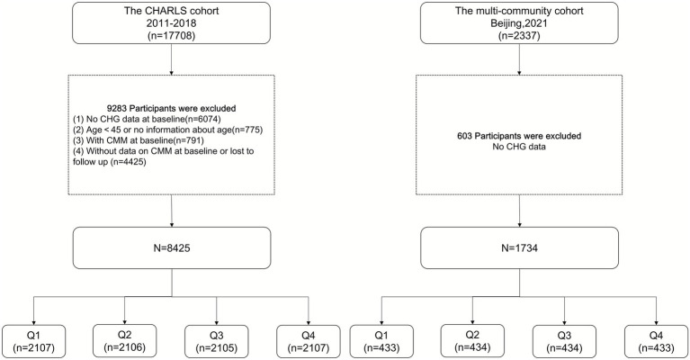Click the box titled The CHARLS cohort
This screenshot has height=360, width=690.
click(171, 22)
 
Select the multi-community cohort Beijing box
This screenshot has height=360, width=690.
click(519, 22)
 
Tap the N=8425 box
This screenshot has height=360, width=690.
click(172, 247)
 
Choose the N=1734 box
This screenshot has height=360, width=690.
click(519, 247)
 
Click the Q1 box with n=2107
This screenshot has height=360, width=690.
click(34, 341)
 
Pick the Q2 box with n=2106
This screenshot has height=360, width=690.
click(124, 341)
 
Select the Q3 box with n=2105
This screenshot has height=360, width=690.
click(217, 341)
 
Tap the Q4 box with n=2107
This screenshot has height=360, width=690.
click(309, 341)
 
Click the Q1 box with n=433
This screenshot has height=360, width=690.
click(381, 341)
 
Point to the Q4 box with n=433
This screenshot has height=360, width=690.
click(656, 341)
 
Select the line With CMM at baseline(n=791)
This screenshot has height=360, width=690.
click(139, 140)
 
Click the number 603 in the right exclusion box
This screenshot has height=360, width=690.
click(465, 136)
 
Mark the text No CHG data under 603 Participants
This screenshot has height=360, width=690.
click(519, 147)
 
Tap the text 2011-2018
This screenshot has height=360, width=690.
click(171, 22)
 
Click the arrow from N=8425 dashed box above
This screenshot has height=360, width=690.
click(171, 211)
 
